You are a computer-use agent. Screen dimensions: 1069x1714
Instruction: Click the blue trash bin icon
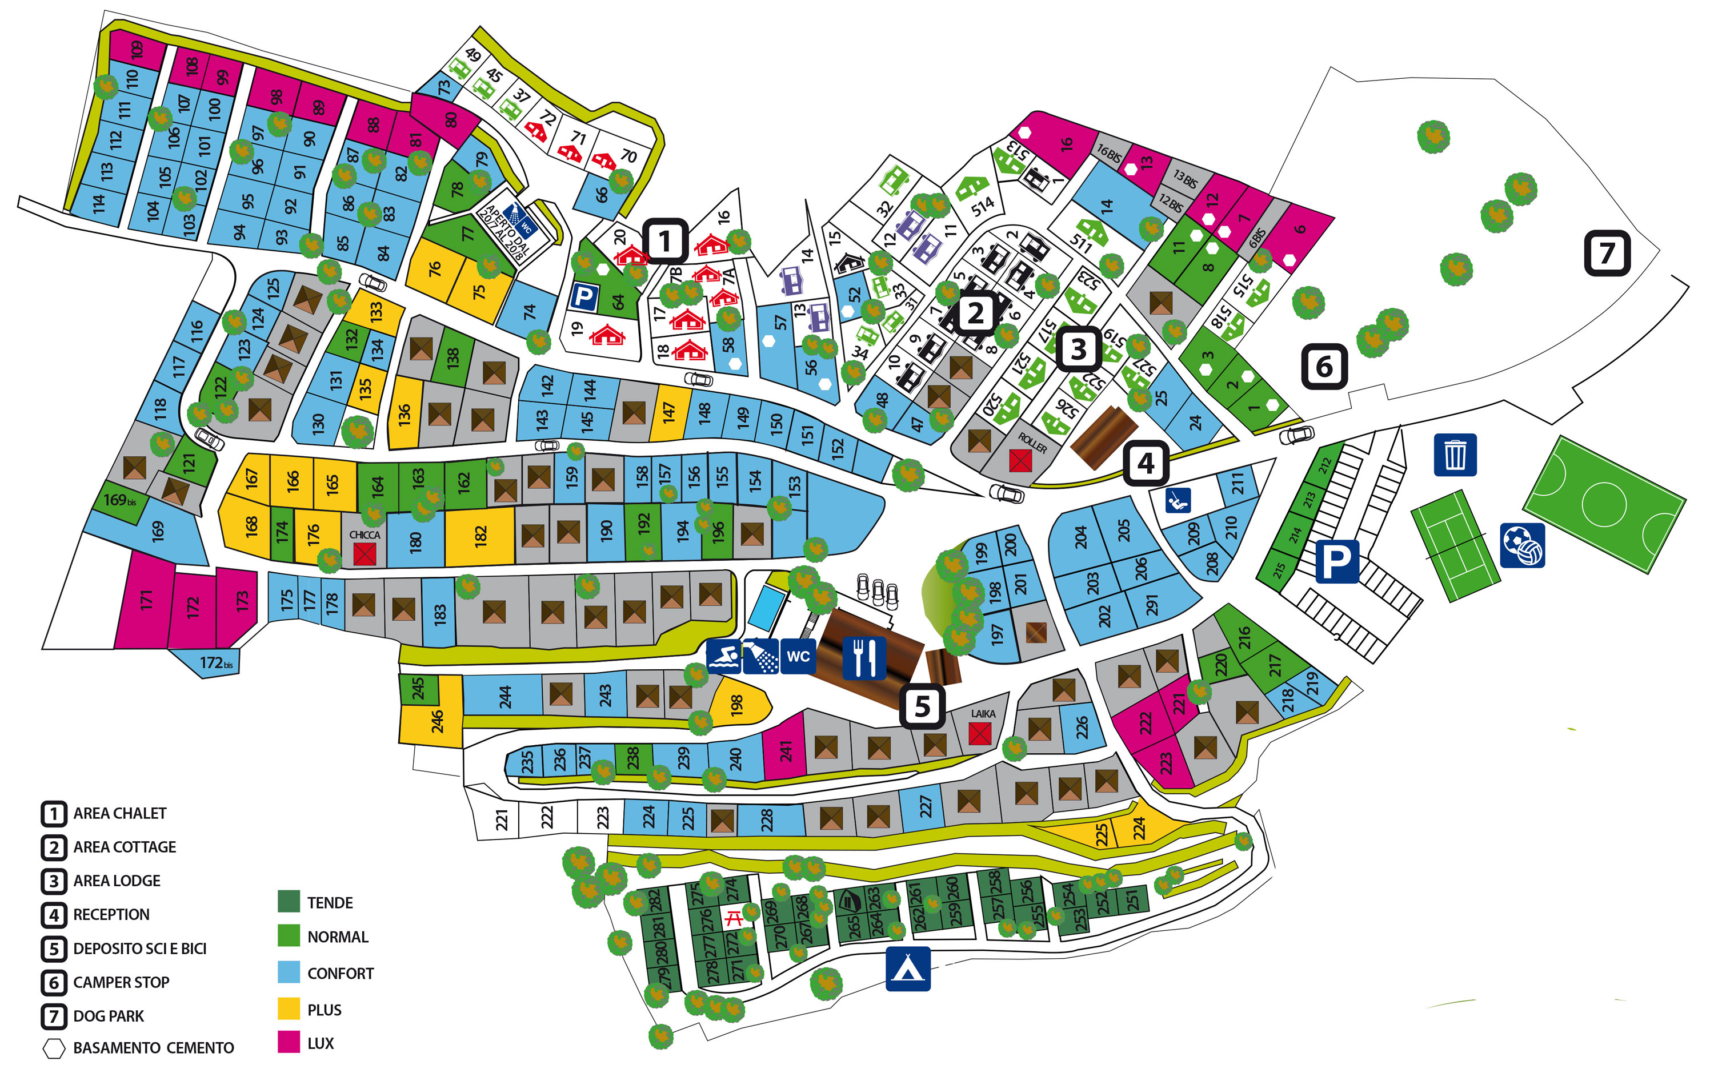(x=1455, y=455)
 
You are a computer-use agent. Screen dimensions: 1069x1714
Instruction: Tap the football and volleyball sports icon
(x=1521, y=545)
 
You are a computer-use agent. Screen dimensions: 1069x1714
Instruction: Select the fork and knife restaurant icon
(x=864, y=657)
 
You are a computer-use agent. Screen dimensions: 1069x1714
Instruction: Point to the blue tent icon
(x=908, y=968)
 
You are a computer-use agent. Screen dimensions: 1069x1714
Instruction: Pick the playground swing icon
(x=1178, y=501)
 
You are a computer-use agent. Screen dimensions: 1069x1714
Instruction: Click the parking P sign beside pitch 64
(x=583, y=296)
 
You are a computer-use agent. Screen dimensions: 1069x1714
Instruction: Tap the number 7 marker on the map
(x=1607, y=252)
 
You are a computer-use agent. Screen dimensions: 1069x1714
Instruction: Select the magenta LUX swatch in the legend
(x=289, y=1042)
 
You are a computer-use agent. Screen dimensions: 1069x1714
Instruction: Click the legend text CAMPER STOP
(x=121, y=982)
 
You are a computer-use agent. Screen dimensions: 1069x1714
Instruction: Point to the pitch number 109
(x=137, y=48)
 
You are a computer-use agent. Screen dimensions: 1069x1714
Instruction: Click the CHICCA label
(x=365, y=535)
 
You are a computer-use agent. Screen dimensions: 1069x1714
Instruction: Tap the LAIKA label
(x=983, y=714)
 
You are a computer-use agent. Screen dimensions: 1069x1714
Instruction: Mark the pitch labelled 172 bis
(x=212, y=663)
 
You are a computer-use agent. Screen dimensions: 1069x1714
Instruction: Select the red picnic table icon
(x=734, y=918)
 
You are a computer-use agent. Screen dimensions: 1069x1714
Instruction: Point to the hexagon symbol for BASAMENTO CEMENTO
(x=54, y=1048)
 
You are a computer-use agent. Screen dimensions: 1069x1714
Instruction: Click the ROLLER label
(x=1032, y=443)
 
